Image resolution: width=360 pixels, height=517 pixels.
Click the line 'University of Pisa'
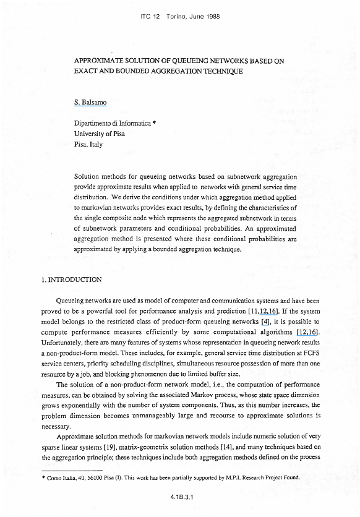coord(100,134)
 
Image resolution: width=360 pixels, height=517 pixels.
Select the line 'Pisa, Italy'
coord(88,144)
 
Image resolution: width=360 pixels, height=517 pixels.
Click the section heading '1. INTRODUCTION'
coord(71,280)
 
